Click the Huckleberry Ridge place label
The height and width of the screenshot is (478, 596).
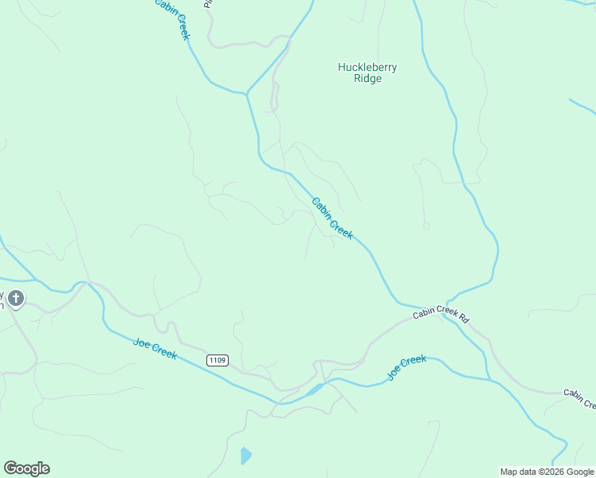click(367, 73)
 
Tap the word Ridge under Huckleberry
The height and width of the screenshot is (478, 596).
click(367, 79)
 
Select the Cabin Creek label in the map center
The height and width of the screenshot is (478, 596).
click(331, 218)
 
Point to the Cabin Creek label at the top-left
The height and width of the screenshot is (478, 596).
click(173, 18)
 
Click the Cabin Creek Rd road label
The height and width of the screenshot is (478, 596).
click(441, 315)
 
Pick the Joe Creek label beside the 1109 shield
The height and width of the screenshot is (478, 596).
click(155, 349)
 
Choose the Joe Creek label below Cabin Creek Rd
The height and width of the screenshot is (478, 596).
click(406, 366)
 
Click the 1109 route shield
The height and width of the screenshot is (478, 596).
click(218, 360)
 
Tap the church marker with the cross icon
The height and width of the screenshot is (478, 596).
click(16, 299)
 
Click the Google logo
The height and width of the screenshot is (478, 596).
click(26, 468)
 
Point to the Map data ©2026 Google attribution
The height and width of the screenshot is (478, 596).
click(547, 472)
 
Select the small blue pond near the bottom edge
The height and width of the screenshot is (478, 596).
click(245, 456)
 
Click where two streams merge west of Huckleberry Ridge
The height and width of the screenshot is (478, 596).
click(247, 93)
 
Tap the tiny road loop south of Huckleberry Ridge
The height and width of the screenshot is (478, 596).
click(426, 225)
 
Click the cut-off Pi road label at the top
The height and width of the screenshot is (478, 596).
click(209, 4)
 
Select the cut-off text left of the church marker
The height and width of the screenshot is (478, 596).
click(2, 300)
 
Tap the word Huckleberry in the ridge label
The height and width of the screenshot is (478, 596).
click(367, 68)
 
